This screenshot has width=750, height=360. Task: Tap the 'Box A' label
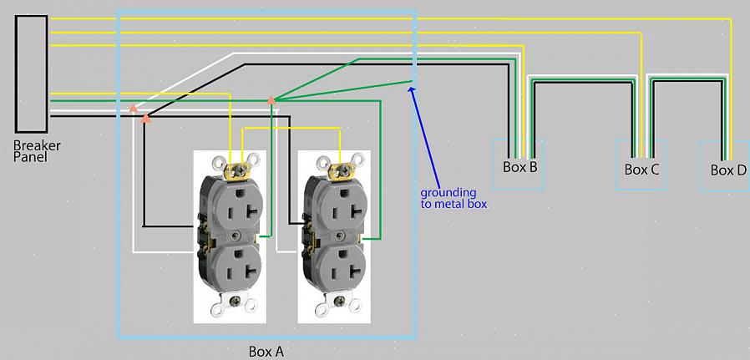coord(266,352)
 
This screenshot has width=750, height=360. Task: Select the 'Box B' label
coord(519,166)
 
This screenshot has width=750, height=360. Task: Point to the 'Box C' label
coord(641,169)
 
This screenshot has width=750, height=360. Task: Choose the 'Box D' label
coord(727,170)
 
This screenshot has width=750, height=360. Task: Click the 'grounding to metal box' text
coord(454,198)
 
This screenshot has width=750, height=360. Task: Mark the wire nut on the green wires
coord(271,100)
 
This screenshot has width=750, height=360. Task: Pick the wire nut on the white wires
coord(132,108)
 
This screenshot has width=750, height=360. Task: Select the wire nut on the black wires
coord(146,118)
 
